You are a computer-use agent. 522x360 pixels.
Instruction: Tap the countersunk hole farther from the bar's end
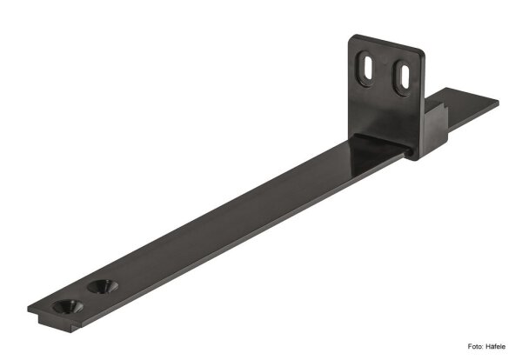tap(104, 286)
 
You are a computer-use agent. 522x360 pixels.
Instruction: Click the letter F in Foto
tap(471, 345)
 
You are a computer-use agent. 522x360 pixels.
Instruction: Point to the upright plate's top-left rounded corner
tap(355, 40)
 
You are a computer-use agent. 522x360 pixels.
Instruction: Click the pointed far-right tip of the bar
tap(497, 102)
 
